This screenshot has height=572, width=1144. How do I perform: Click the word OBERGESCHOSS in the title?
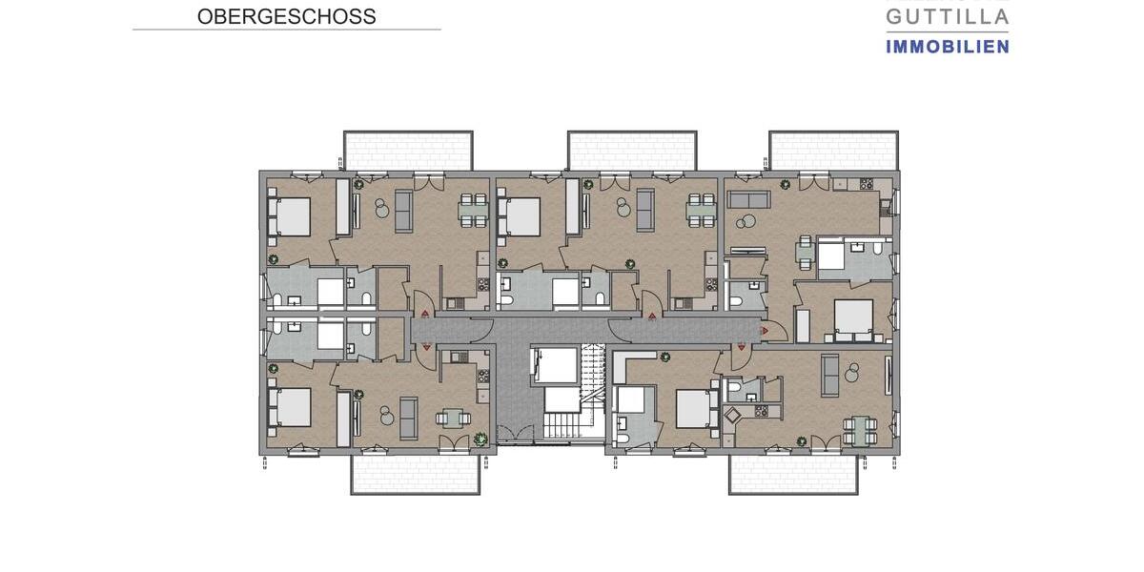(286, 17)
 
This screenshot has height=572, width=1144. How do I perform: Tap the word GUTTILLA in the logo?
(947, 16)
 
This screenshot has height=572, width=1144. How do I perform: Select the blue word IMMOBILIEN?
(947, 46)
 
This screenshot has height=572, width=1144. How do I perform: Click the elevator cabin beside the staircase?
(554, 366)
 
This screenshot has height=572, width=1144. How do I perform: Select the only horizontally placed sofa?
(749, 199)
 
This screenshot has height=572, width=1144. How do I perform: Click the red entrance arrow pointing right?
(765, 331)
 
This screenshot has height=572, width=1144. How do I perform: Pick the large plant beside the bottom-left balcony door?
(480, 439)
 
